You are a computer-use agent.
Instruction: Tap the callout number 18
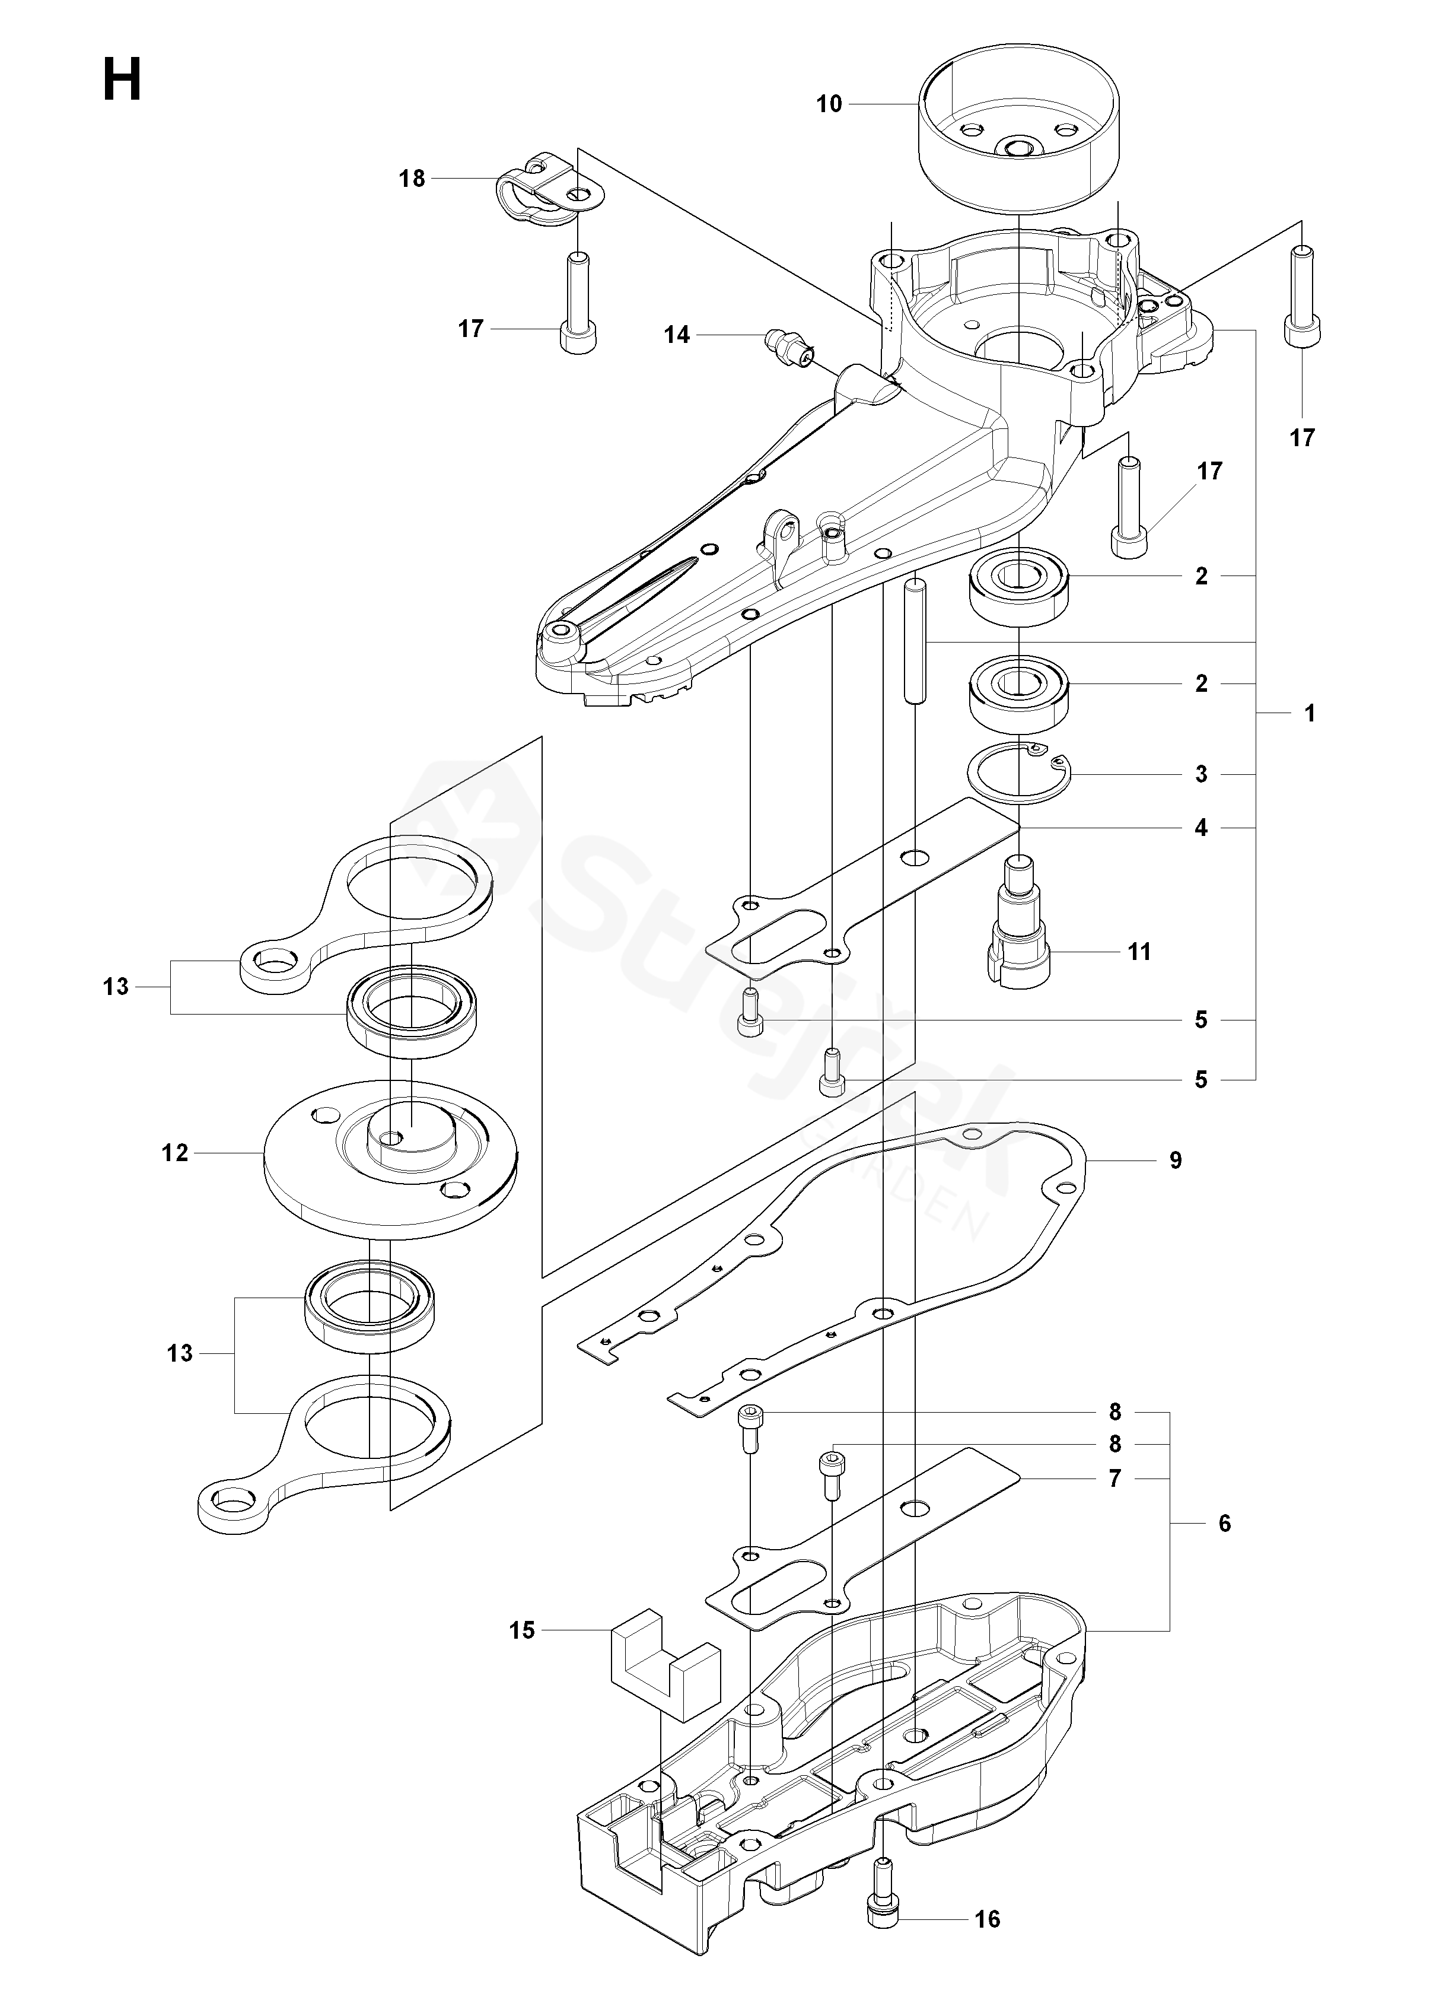click(412, 179)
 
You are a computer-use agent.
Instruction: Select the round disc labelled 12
click(389, 1158)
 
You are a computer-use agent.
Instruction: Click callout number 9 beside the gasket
click(1176, 1159)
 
